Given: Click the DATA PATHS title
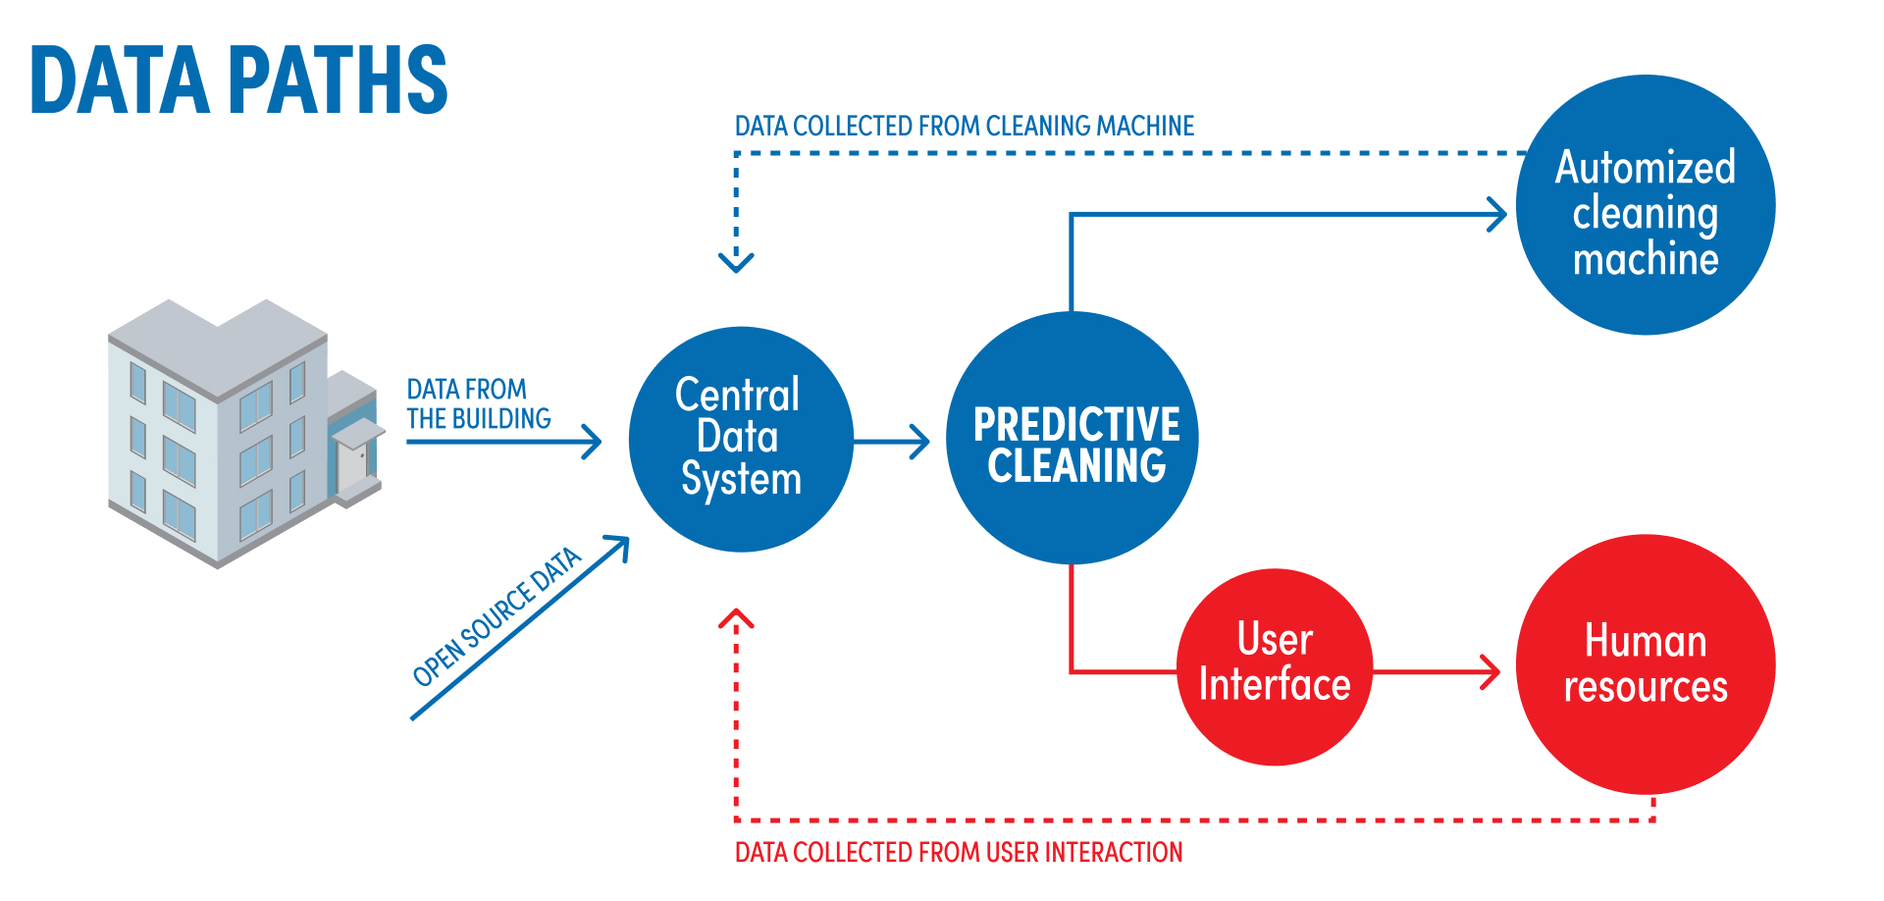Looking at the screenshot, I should click(238, 80).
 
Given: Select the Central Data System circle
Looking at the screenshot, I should click(741, 439).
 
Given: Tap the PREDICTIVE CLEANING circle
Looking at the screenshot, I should click(1073, 438).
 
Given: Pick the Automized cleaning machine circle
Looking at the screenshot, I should click(1646, 205).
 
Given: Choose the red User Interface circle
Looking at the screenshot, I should click(1275, 666).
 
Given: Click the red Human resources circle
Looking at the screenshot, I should click(1646, 664).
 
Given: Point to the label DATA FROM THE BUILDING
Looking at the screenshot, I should click(479, 403).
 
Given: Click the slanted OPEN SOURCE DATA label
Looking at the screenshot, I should click(497, 616).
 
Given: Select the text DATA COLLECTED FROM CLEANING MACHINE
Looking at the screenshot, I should click(965, 127).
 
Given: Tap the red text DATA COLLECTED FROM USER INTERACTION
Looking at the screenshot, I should click(959, 852).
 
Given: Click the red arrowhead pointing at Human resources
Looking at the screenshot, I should click(1491, 672).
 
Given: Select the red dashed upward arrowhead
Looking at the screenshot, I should click(736, 618).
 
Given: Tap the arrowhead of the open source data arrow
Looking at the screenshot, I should click(620, 544).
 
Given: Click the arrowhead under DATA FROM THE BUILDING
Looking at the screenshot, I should click(592, 442).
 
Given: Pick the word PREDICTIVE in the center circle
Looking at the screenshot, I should click(1076, 425).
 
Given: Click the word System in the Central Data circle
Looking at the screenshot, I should click(741, 479).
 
